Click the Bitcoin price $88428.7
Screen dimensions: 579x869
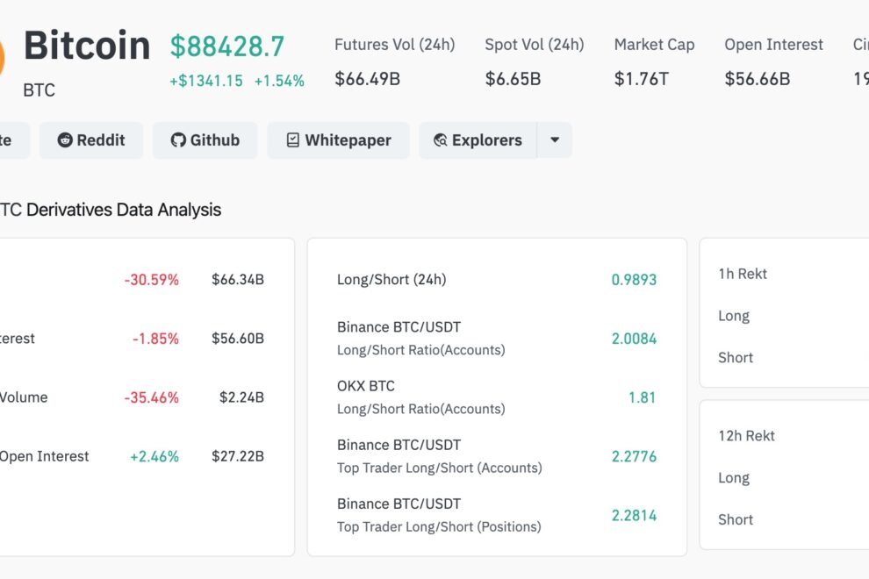pos(226,46)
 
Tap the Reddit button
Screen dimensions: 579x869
pos(91,140)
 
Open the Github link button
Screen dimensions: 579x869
pos(205,140)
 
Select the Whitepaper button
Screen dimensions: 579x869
pos(338,140)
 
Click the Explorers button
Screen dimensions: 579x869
pos(478,140)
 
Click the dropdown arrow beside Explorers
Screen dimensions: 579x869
pos(555,140)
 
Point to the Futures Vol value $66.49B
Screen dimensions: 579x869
pos(367,79)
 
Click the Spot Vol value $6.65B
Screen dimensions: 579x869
pos(513,79)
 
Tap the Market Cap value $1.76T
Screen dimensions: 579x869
pos(641,79)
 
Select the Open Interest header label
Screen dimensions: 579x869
pos(773,45)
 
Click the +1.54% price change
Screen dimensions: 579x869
pos(279,81)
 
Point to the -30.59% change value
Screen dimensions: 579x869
pos(151,280)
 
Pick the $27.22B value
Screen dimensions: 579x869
pos(237,456)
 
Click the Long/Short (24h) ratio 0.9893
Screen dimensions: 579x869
pos(634,280)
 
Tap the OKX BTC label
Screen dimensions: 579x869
pos(365,386)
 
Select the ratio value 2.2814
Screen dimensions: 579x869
pos(634,515)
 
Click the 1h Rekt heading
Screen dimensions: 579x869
pos(742,274)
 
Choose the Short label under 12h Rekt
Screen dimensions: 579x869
pos(735,519)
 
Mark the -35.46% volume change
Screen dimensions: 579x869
pos(151,397)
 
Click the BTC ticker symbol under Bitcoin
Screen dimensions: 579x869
pos(39,89)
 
